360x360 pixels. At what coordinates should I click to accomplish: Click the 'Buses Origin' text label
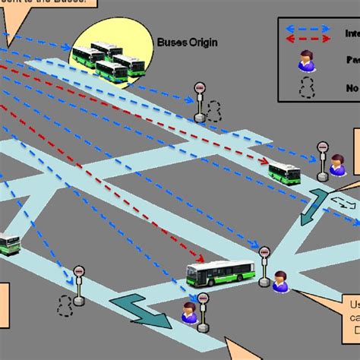pyautogui.click(x=187, y=43)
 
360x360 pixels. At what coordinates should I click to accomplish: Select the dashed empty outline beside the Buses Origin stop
pyautogui.click(x=214, y=111)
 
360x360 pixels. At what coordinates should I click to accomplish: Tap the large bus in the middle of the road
pyautogui.click(x=220, y=273)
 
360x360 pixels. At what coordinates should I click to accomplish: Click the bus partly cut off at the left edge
pyautogui.click(x=9, y=244)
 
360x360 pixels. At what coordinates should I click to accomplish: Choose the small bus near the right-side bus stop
pyautogui.click(x=284, y=173)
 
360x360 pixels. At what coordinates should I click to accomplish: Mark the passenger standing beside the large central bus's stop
pyautogui.click(x=280, y=280)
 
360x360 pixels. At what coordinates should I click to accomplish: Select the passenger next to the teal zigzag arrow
pyautogui.click(x=189, y=312)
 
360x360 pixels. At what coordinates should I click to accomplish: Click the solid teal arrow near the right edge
pyautogui.click(x=314, y=210)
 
